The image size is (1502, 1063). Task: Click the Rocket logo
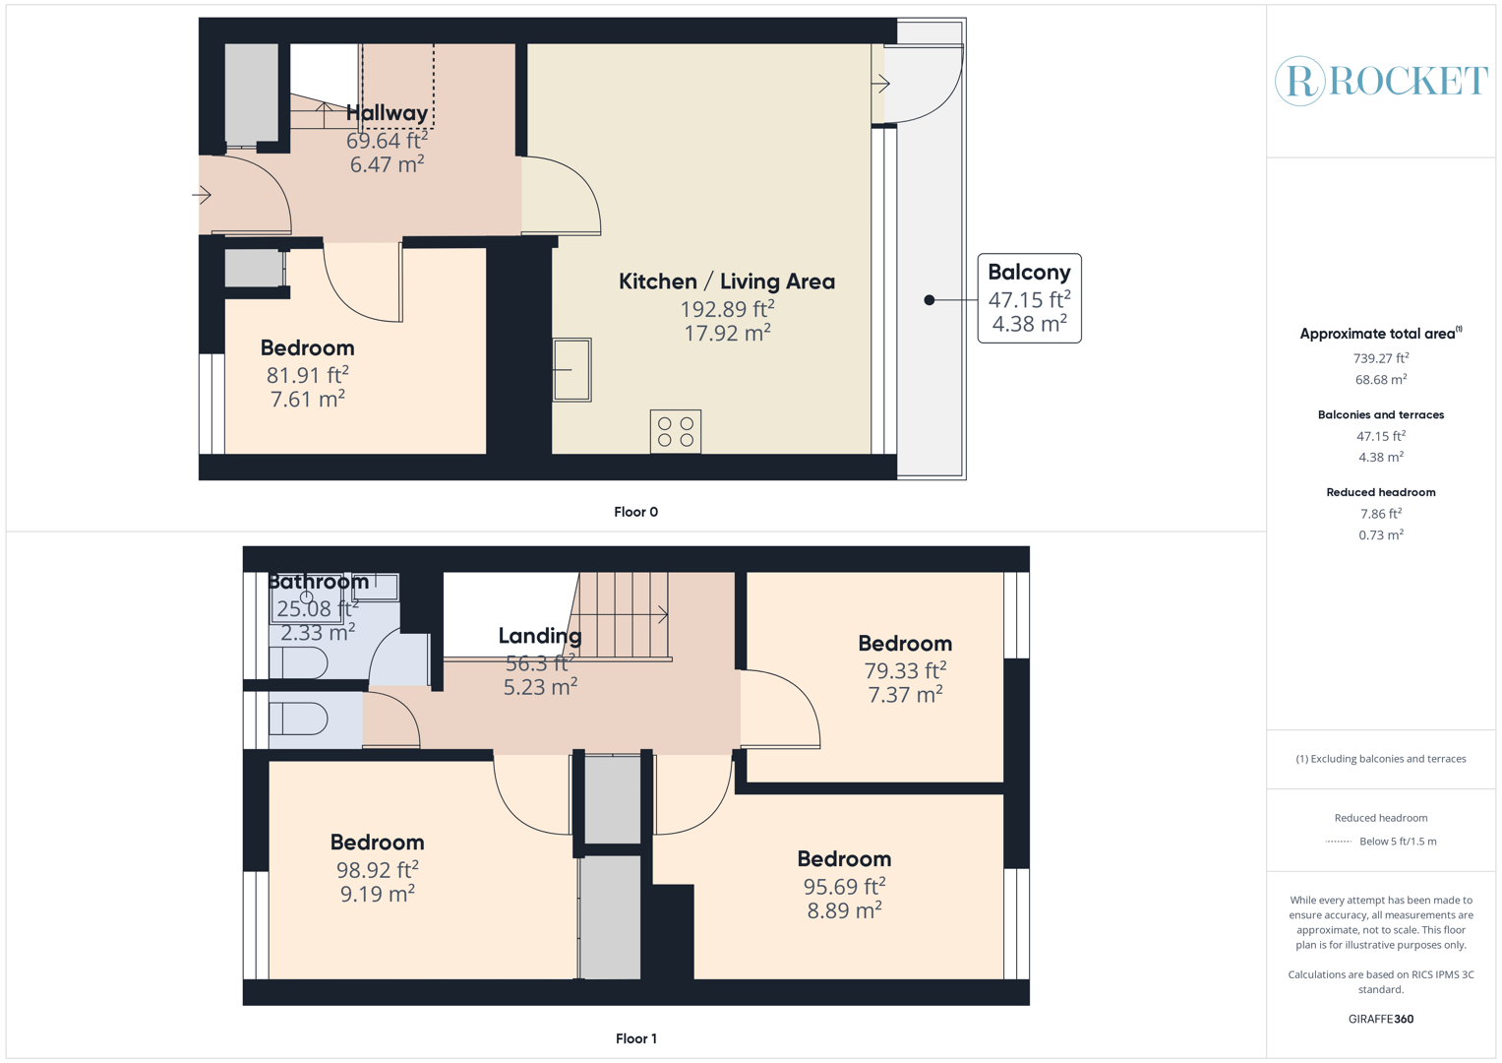tap(1380, 81)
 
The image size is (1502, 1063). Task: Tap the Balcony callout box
tap(1029, 298)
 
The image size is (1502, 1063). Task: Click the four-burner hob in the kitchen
tap(676, 431)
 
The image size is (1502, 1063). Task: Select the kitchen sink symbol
tap(571, 370)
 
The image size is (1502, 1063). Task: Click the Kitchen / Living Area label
tap(727, 281)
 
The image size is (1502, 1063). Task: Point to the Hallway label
tap(387, 113)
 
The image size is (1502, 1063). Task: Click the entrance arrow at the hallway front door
tap(202, 195)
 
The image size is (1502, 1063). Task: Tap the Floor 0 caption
tap(635, 512)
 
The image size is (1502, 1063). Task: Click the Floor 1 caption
tap(635, 1038)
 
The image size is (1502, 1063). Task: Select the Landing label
tap(540, 636)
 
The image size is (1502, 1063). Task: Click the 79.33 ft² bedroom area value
tap(905, 670)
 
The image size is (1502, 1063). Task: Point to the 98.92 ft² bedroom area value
tap(378, 869)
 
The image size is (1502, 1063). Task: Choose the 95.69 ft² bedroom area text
tap(844, 886)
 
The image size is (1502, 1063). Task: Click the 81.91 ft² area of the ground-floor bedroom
tap(307, 375)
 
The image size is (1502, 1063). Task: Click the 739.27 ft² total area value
tap(1380, 358)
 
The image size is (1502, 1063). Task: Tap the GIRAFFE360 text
tap(1380, 1019)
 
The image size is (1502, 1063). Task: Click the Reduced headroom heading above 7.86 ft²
tap(1380, 492)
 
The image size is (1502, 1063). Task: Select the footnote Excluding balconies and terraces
tap(1380, 759)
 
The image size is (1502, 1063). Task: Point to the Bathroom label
tap(319, 582)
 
